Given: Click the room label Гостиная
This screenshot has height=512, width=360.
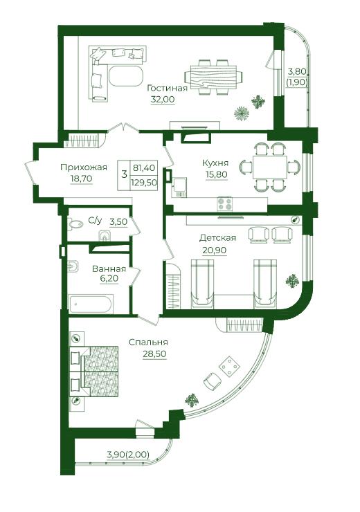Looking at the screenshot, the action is click(167, 88).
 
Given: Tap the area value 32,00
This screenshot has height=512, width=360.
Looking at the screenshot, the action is click(163, 99).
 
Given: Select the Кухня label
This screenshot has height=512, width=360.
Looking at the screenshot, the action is click(215, 163).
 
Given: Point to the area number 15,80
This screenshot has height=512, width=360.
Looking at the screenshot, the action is click(216, 174).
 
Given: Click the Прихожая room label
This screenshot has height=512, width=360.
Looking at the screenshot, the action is click(84, 167).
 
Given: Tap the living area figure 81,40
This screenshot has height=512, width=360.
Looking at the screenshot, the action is click(144, 168).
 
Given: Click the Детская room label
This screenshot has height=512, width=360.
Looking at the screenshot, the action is click(217, 238).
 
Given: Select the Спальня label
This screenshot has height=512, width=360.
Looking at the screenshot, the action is click(148, 342).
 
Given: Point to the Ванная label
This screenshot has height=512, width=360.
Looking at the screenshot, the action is click(109, 268).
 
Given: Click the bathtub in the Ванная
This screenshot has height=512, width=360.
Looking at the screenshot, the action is click(91, 304).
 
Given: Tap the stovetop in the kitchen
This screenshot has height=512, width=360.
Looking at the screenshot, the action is click(225, 203).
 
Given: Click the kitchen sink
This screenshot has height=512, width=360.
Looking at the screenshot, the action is click(179, 187).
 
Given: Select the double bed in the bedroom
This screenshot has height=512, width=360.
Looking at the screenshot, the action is click(94, 371).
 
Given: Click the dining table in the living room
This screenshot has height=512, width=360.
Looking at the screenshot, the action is click(214, 77).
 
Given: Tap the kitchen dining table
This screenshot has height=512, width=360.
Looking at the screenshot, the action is click(270, 167).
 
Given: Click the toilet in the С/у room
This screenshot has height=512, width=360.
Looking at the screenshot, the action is click(105, 236).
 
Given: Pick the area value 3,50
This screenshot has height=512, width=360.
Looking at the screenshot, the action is click(118, 222).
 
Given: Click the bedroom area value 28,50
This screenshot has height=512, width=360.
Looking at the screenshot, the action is click(154, 354).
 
